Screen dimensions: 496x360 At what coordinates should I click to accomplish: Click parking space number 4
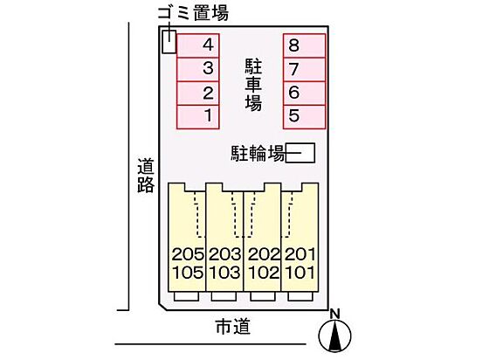[x=198, y=46]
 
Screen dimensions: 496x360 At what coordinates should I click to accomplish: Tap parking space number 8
[x=304, y=46]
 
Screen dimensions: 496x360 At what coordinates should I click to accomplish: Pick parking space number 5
[x=304, y=117]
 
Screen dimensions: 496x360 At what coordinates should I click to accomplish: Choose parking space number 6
[x=304, y=93]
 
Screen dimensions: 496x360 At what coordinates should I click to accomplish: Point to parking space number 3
[x=198, y=70]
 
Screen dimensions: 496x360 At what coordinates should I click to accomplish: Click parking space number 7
[x=304, y=70]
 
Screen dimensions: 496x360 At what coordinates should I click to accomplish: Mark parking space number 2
[x=198, y=93]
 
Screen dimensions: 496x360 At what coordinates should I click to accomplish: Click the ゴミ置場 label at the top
[x=193, y=14]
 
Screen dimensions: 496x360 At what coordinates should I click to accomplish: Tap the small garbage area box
[x=169, y=42]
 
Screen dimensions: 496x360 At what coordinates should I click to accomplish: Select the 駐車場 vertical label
[x=253, y=85]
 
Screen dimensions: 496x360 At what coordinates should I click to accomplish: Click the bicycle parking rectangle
[x=300, y=153]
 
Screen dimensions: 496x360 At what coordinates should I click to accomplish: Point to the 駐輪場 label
[x=258, y=154]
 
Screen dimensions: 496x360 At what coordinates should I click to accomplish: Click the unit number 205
[x=188, y=254]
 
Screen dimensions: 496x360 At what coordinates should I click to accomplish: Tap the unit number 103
[x=225, y=273]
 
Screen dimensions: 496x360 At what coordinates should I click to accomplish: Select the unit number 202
[x=264, y=254]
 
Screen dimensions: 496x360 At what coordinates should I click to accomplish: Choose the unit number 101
[x=300, y=273]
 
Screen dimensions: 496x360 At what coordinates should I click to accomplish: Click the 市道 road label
[x=233, y=327]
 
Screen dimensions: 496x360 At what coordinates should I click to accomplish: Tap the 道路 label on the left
[x=146, y=176]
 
